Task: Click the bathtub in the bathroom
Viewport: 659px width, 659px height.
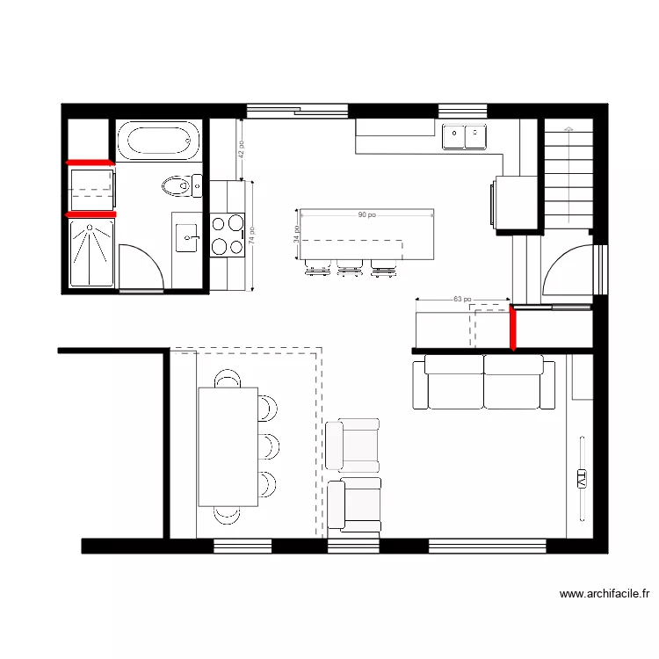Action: tap(158, 141)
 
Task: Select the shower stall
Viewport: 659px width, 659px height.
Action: tap(91, 252)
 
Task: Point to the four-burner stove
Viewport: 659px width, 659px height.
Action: tap(227, 235)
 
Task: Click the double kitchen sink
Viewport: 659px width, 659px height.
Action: tap(464, 137)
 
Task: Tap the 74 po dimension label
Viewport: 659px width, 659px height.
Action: tap(252, 237)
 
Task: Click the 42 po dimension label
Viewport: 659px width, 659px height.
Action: tap(241, 148)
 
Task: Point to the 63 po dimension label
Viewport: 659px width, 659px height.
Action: tap(462, 300)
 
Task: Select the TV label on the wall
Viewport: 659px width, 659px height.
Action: tap(581, 478)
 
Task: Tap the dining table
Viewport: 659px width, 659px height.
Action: tap(228, 446)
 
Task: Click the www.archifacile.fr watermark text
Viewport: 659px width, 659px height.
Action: tap(605, 594)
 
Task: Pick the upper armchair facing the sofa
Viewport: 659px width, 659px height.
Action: tap(352, 445)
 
